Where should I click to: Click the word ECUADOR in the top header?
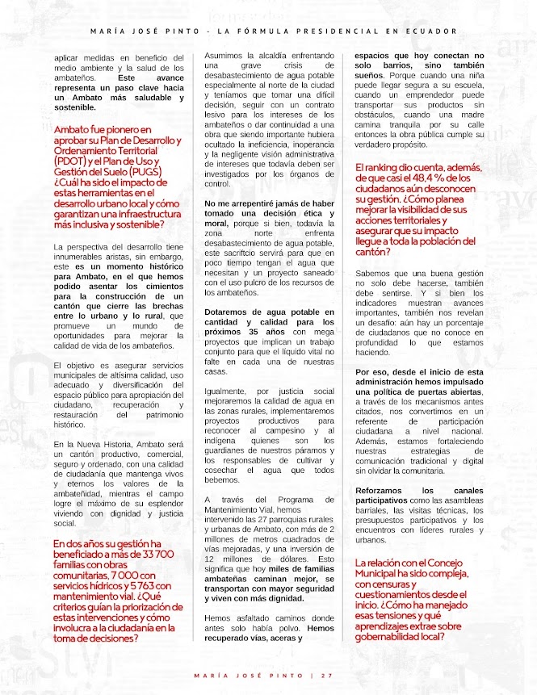coord(422,31)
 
